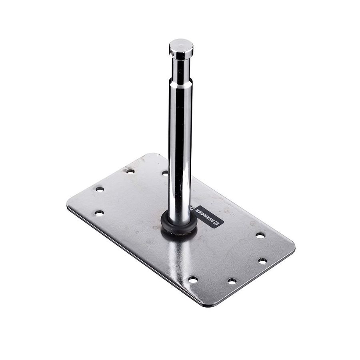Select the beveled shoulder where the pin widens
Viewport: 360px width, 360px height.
pos(181,82)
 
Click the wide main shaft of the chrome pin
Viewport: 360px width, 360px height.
pos(180,152)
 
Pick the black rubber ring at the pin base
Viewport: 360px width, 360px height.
pos(179,226)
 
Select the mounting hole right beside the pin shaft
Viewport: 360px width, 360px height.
pos(165,173)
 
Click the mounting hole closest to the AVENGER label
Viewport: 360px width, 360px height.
pos(260,236)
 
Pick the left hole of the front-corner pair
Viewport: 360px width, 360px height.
pos(193,279)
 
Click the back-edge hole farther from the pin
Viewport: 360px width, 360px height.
pos(130,171)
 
